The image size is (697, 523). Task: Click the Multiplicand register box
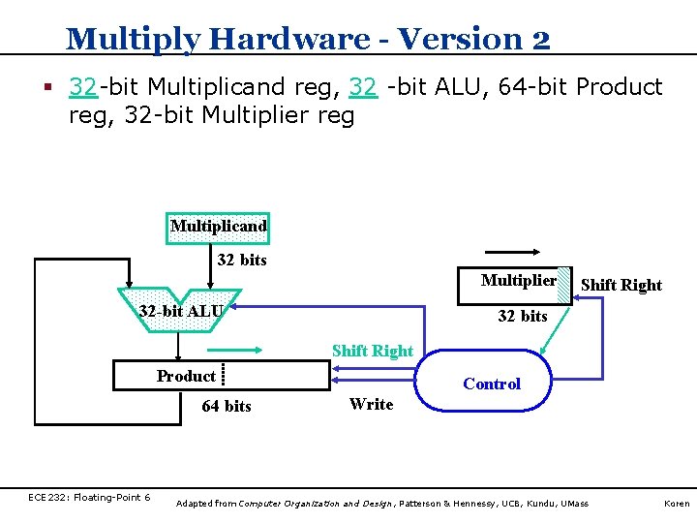click(218, 228)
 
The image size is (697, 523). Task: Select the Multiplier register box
click(519, 282)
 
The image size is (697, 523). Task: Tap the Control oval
click(492, 384)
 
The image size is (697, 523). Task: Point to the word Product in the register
click(186, 376)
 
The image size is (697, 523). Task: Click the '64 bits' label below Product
click(226, 407)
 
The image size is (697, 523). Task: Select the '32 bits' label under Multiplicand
click(242, 260)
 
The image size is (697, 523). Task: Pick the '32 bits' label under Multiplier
click(523, 316)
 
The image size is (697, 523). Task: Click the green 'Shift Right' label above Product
click(373, 351)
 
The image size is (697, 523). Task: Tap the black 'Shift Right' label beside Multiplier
click(621, 285)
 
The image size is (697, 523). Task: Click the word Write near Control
click(372, 404)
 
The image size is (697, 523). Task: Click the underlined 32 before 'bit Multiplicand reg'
click(82, 87)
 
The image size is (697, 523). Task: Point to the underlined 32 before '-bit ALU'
click(363, 87)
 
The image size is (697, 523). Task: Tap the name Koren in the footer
click(675, 504)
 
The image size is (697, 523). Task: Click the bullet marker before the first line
click(45, 88)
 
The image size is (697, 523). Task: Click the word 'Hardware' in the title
click(288, 39)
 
